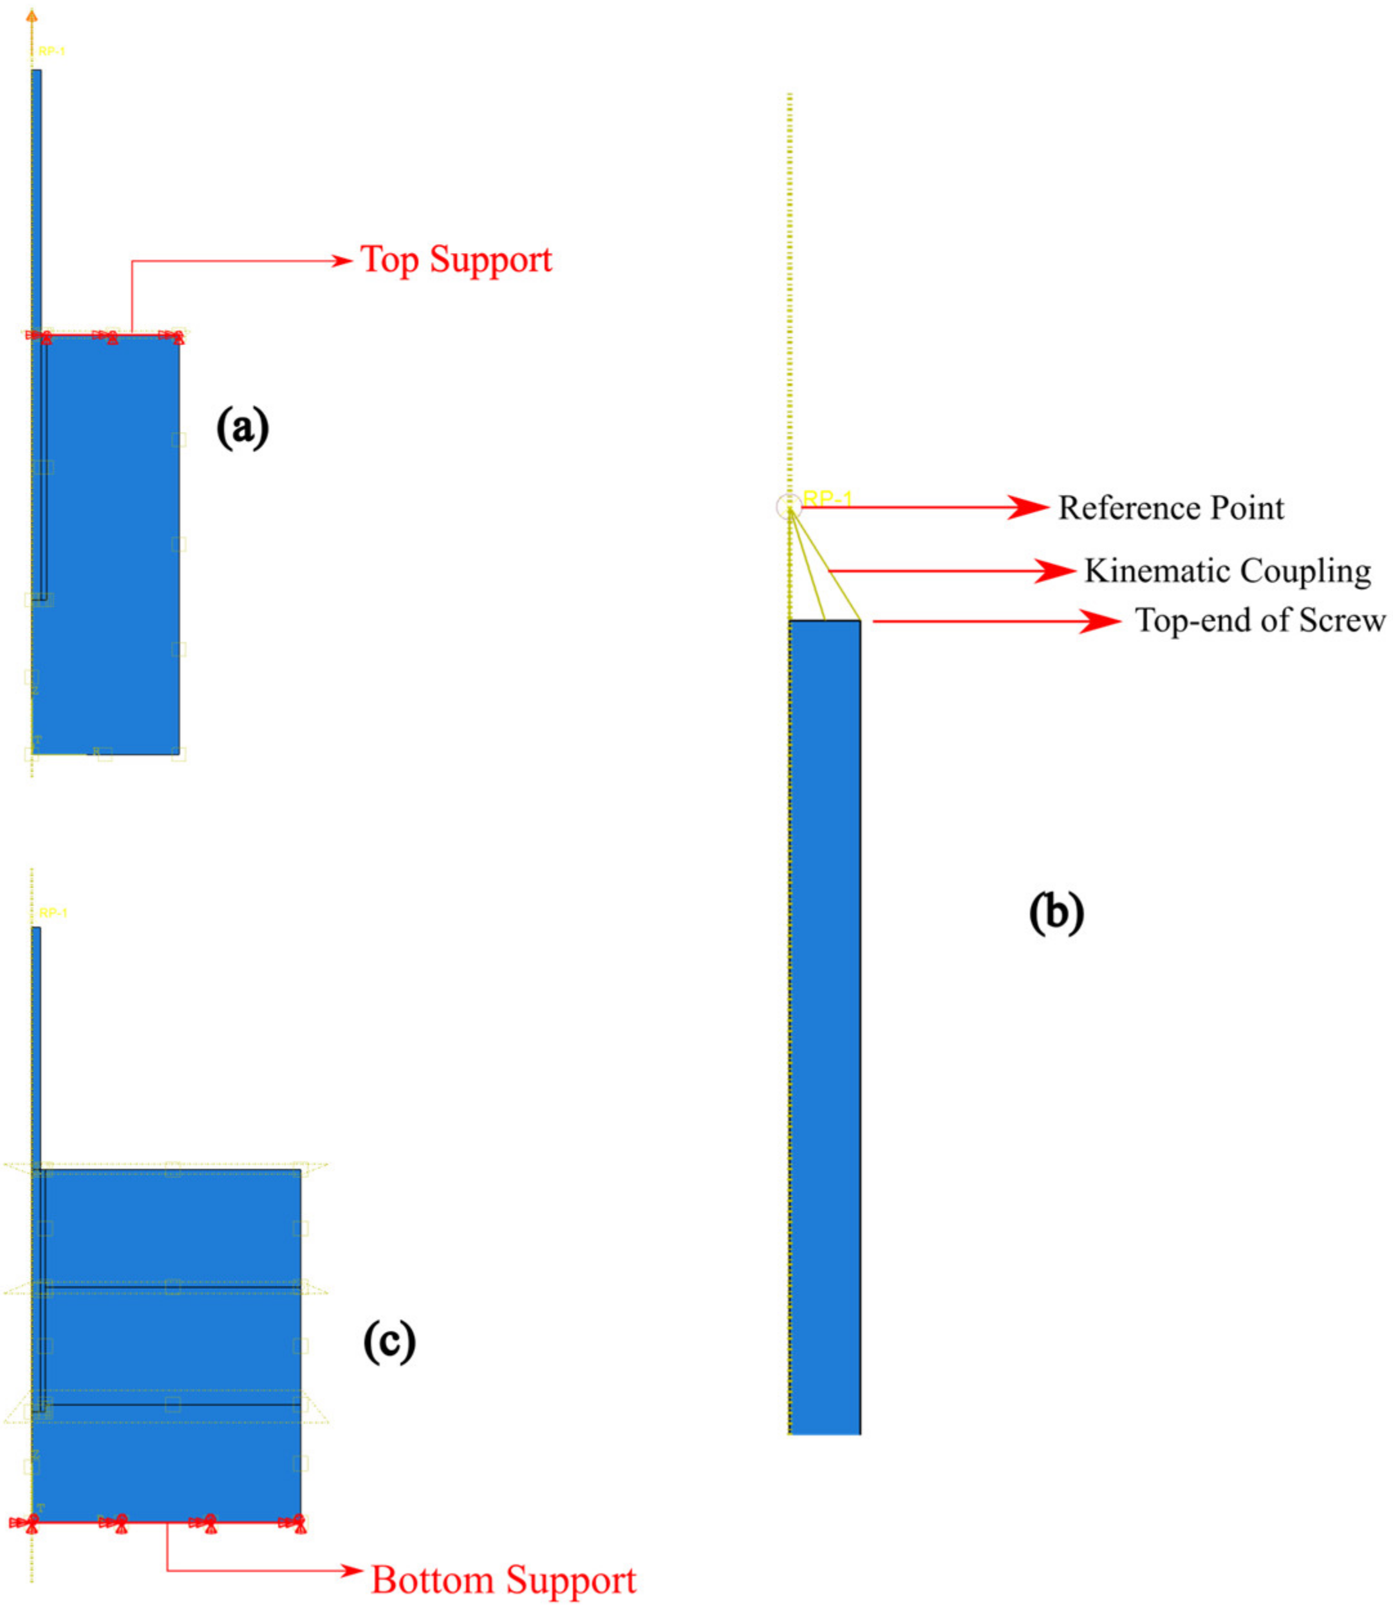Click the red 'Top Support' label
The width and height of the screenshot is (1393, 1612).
[x=456, y=260]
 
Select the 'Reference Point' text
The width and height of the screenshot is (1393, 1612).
[x=1170, y=508]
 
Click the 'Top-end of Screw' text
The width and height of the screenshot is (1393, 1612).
[x=1260, y=620]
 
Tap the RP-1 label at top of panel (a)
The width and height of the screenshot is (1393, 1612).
[x=52, y=52]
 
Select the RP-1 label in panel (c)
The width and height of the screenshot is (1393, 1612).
[x=53, y=913]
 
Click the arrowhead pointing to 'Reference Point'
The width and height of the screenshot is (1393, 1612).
[x=1030, y=507]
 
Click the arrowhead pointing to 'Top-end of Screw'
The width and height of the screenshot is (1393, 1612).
[x=1102, y=621]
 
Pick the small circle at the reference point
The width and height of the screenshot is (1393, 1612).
[x=789, y=507]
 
